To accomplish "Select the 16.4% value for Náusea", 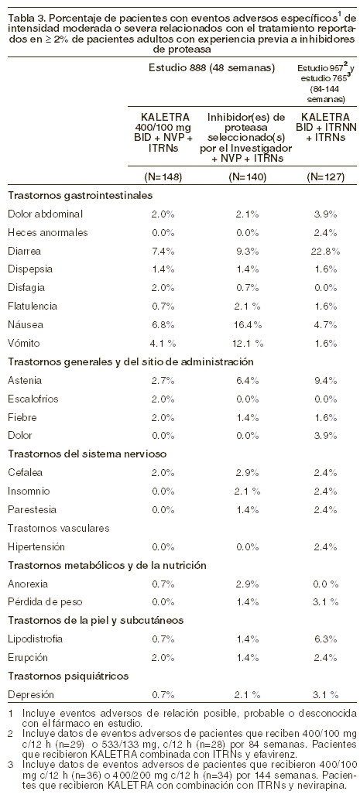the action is click(249, 325).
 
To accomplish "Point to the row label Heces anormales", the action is click(48, 232).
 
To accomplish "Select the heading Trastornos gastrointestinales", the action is click(80, 195).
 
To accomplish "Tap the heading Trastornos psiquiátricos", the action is click(68, 676).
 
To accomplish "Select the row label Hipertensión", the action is click(36, 547).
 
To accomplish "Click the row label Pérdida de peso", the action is click(42, 602).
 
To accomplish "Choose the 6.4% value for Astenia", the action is click(249, 381).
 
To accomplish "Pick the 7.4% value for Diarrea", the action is click(163, 252).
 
